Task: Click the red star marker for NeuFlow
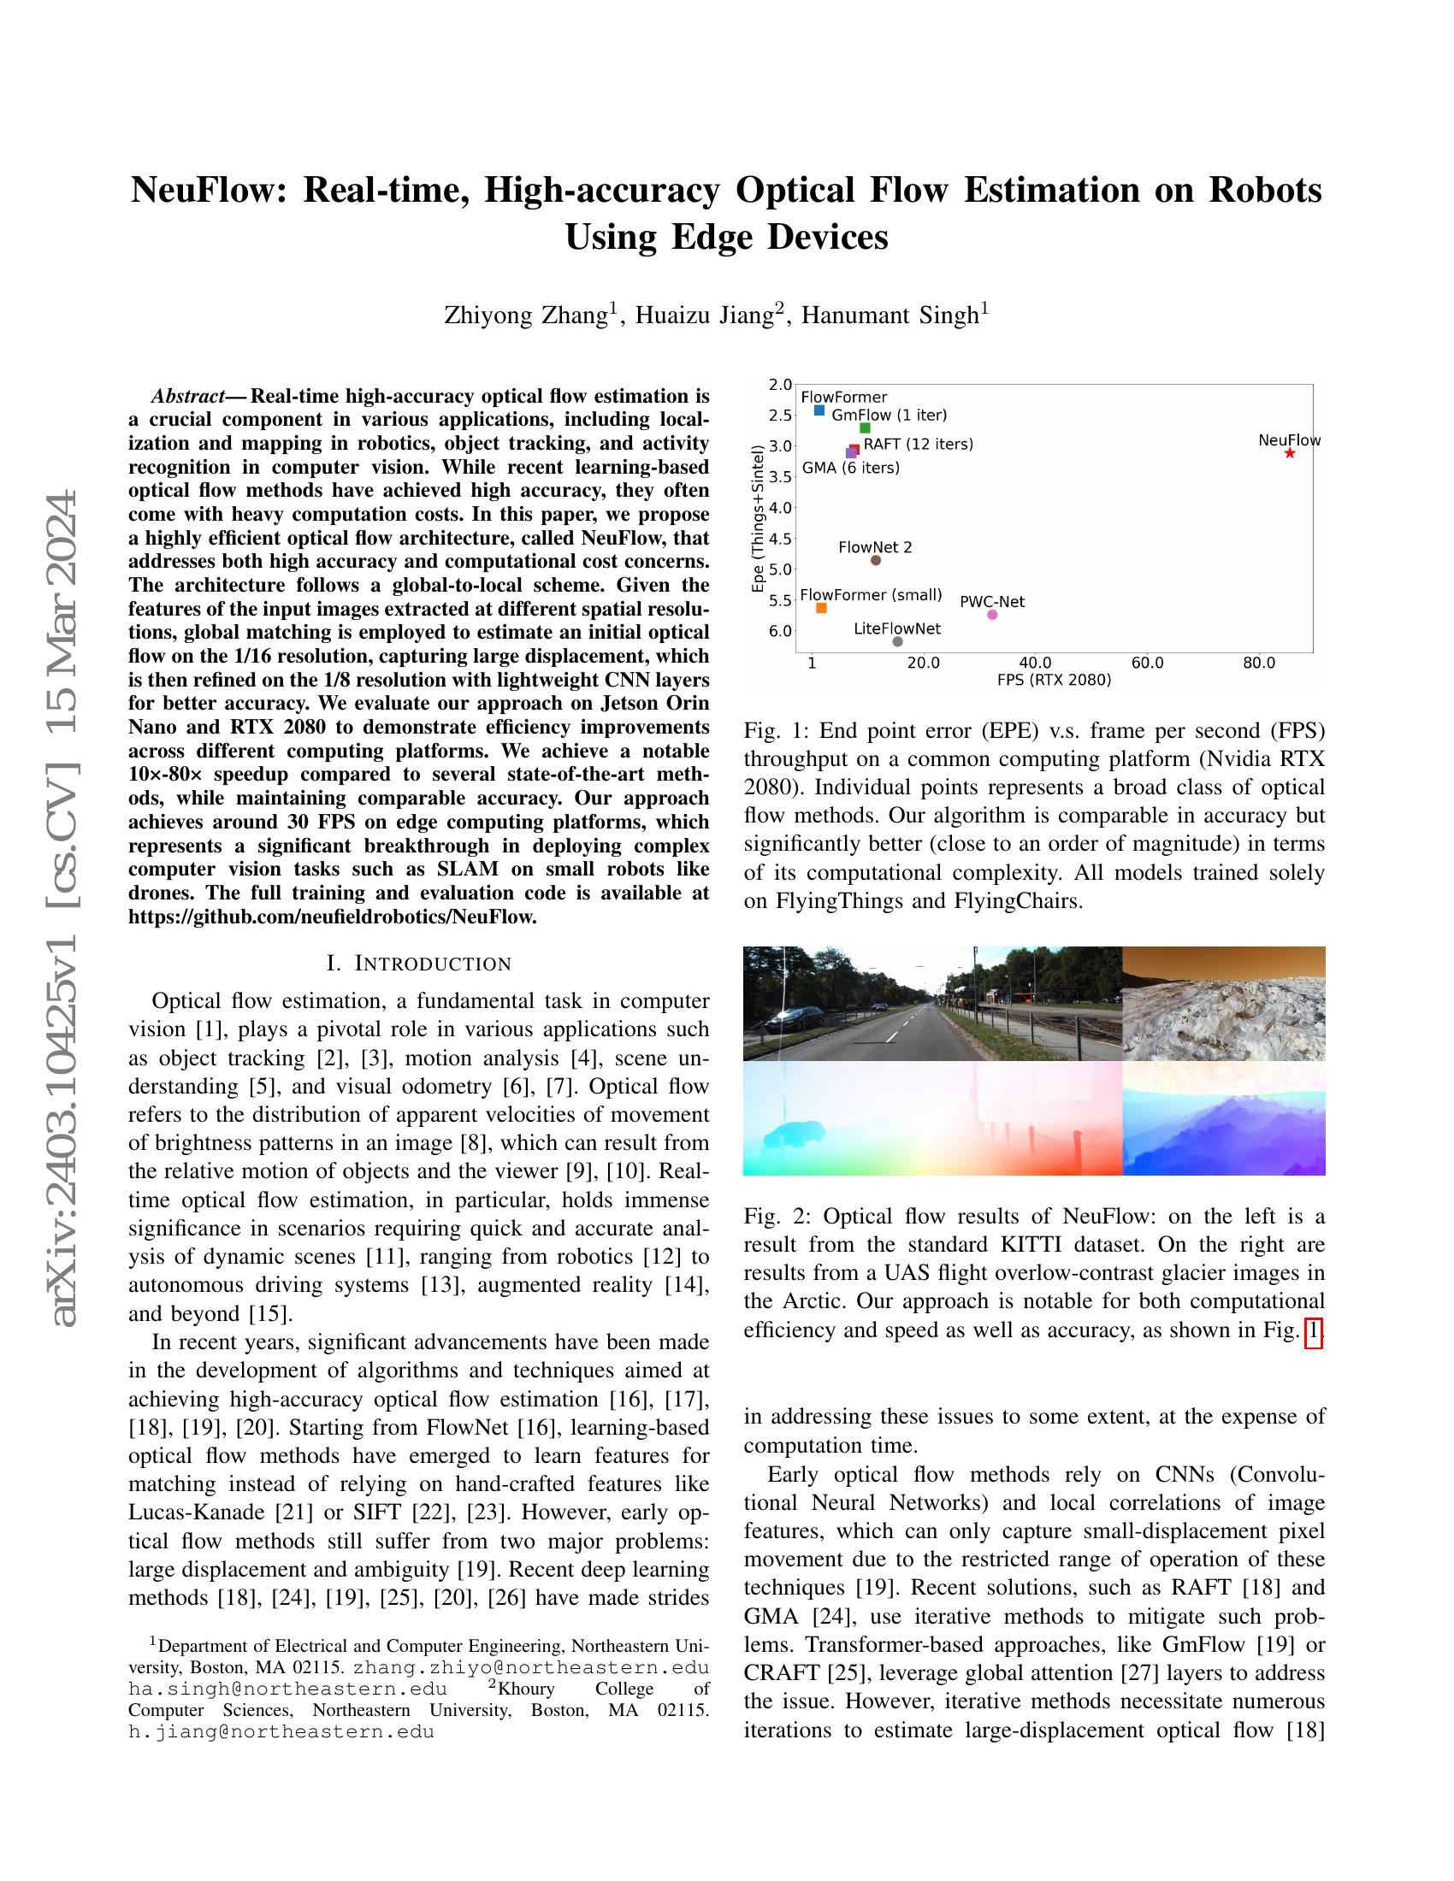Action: (x=1289, y=453)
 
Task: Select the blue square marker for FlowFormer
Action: (x=819, y=410)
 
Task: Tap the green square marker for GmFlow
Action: (x=865, y=428)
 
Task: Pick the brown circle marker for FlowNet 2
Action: (x=875, y=561)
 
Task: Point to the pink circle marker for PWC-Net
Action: (x=992, y=614)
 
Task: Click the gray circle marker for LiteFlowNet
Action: (x=897, y=641)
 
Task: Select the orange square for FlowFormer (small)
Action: (x=821, y=608)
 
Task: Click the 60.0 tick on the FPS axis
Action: (x=1146, y=663)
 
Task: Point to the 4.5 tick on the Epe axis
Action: (x=779, y=539)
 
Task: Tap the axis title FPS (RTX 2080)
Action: (x=1054, y=680)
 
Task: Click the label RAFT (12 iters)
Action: (x=919, y=445)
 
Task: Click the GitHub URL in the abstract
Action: (x=333, y=917)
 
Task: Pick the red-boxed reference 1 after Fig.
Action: (x=1313, y=1330)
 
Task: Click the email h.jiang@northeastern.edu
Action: (x=281, y=1731)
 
